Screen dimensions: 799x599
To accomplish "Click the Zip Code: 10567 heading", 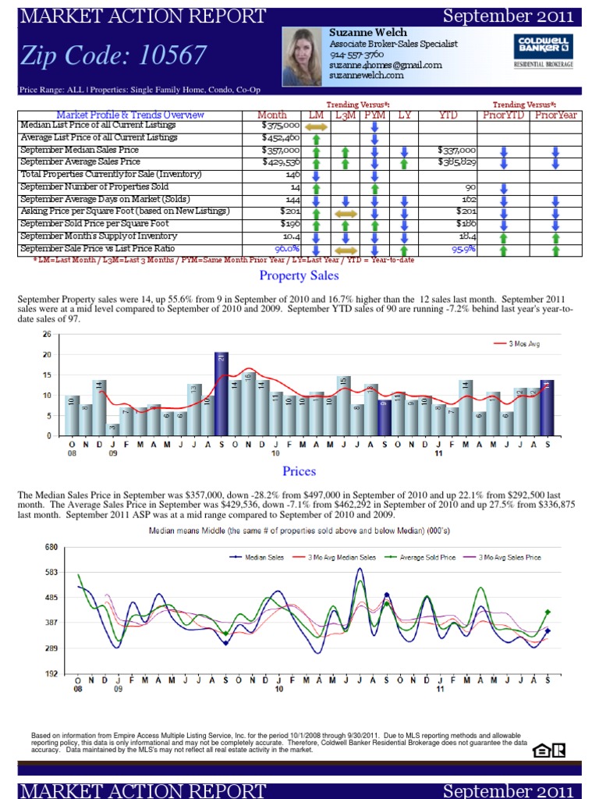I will (114, 55).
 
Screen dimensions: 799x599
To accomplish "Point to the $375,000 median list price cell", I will (281, 126).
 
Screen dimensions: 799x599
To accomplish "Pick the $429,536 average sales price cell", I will (281, 162).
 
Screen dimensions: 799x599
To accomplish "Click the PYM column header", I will (375, 115).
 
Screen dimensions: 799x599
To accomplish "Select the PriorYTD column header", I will (504, 115).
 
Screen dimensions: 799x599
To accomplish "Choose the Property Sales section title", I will (299, 275).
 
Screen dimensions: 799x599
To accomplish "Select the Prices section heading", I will (299, 471).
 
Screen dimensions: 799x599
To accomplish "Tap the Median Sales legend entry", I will (257, 557).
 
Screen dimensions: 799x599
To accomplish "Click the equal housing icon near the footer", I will (540, 751).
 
